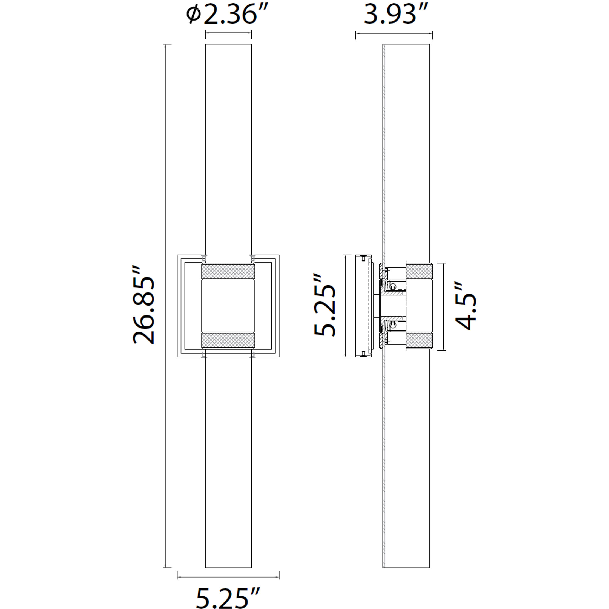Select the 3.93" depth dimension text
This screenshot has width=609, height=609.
[x=396, y=15]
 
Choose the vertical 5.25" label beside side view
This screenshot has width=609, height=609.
[x=325, y=305]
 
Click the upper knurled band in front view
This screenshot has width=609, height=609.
[x=228, y=271]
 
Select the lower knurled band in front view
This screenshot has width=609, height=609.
[x=228, y=340]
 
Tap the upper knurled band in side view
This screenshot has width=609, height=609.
[x=419, y=271]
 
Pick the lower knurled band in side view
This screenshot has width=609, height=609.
[x=419, y=341]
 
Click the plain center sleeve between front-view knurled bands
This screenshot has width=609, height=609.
[x=228, y=306]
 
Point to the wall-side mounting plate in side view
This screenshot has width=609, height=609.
[x=363, y=306]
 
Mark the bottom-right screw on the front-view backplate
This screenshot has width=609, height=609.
[x=252, y=355]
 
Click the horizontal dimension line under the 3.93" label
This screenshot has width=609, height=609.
[x=394, y=33]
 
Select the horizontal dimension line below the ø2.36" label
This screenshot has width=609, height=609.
[x=228, y=33]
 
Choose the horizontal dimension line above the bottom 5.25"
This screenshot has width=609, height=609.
[x=228, y=577]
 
